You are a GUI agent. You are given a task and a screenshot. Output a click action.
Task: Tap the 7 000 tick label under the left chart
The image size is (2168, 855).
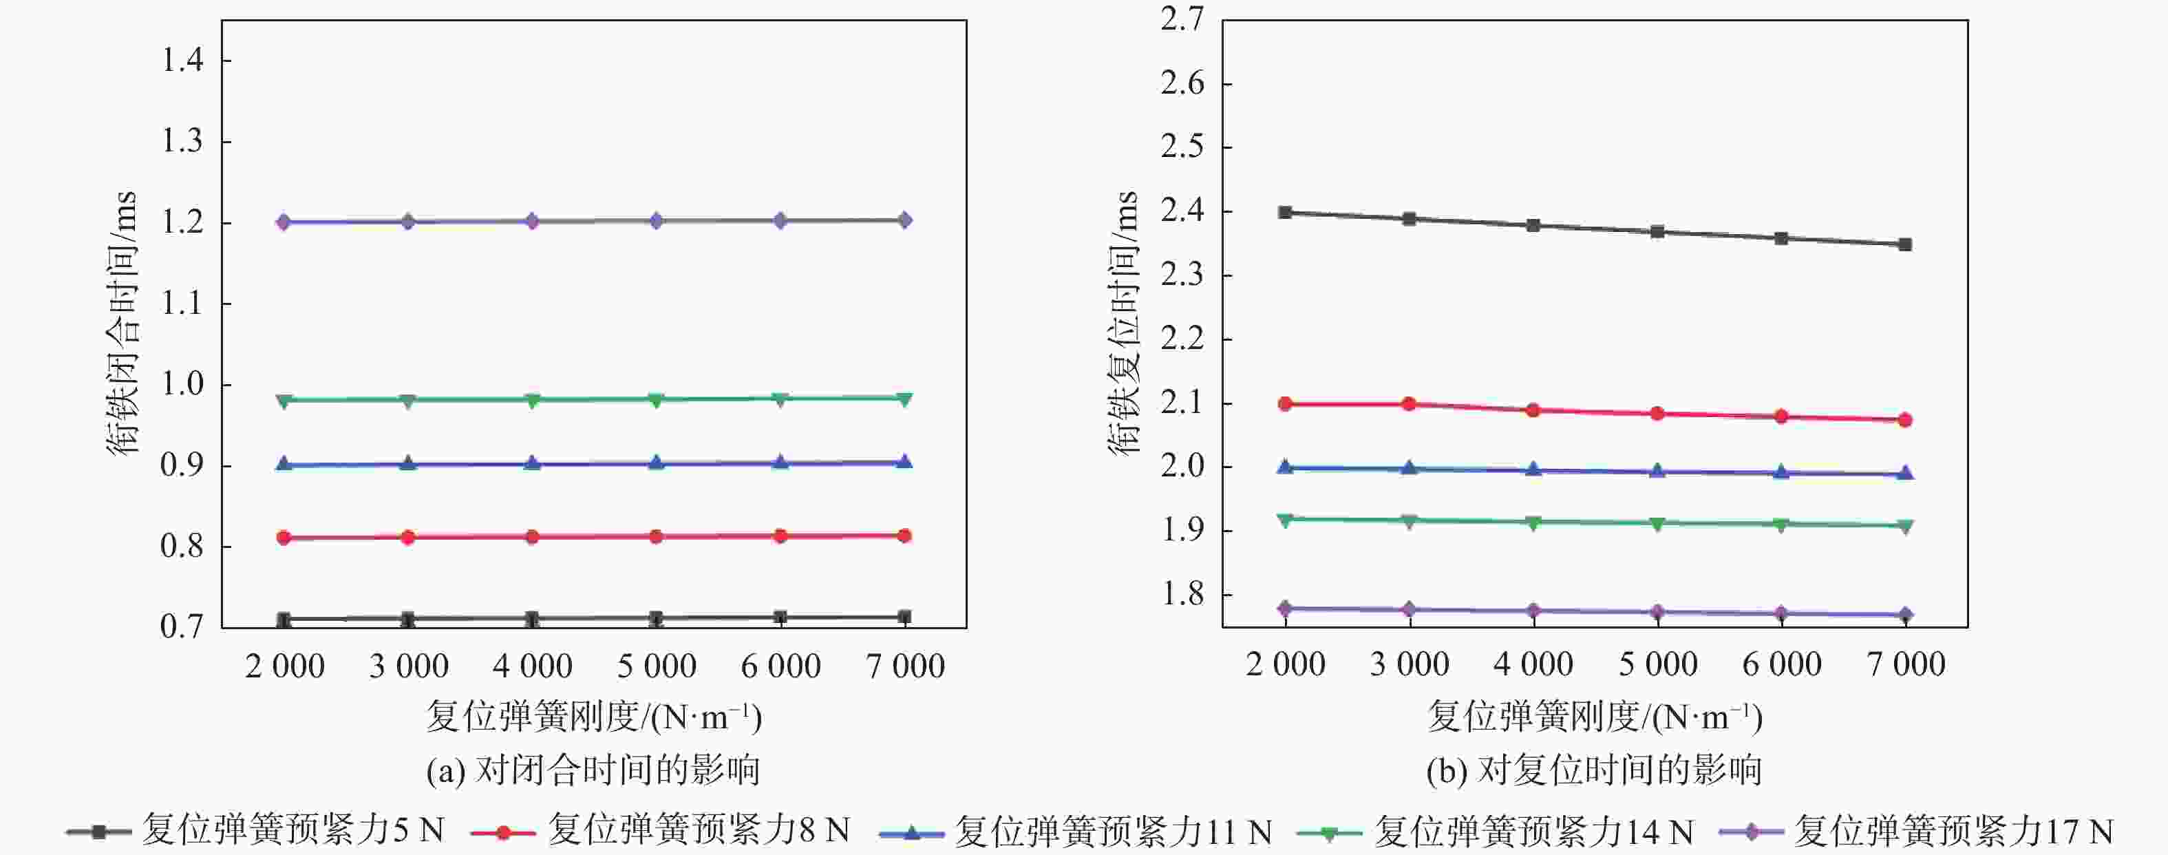coord(905,666)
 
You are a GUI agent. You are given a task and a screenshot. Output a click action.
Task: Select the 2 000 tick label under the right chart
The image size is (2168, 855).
coord(1285,665)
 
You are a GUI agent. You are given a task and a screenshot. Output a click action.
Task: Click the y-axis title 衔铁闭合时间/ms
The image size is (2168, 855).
coord(122,324)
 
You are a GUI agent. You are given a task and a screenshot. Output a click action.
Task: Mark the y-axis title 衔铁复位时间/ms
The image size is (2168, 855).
coord(1123,324)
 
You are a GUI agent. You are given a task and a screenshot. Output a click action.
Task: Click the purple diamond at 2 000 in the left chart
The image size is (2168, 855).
coord(284,222)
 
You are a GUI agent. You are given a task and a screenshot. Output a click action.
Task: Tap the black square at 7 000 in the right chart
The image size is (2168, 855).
coord(1905,245)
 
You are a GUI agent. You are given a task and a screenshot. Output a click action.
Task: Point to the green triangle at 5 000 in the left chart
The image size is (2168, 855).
coord(657,400)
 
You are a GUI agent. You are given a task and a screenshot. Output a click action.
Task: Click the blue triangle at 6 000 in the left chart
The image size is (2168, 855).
coord(780,463)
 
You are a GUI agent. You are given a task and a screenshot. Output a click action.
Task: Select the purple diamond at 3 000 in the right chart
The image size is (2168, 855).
coord(1410,609)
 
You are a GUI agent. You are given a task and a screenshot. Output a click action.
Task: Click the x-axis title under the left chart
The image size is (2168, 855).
coord(593,717)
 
